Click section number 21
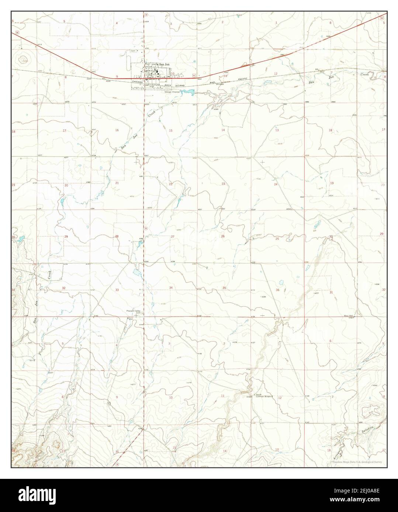(x=117, y=183)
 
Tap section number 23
(x=223, y=183)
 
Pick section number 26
(x=223, y=236)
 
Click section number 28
(x=117, y=236)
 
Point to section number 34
(x=171, y=287)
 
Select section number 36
(x=277, y=290)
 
